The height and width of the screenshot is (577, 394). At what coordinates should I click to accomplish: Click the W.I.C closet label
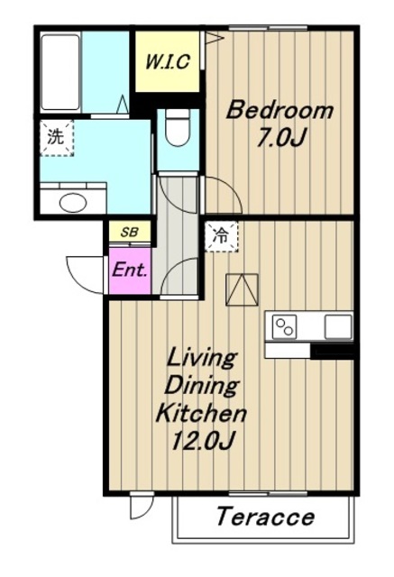168,61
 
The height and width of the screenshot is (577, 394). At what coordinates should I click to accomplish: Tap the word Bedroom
279,110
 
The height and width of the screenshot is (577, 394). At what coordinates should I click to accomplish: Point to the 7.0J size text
281,138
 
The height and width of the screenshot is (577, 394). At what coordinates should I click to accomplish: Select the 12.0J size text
202,440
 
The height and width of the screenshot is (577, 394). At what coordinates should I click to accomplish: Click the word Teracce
266,517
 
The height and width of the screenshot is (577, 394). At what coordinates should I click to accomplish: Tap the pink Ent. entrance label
130,270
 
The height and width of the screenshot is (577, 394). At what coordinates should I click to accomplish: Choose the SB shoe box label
130,233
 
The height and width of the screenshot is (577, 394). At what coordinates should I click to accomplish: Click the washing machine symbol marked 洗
56,138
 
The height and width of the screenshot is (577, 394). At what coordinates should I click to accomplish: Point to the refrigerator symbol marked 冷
221,236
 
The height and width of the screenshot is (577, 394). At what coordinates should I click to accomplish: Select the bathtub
60,72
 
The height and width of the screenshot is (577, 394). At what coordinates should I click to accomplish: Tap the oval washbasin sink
73,202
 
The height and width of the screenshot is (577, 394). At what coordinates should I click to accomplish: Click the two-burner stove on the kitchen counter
284,327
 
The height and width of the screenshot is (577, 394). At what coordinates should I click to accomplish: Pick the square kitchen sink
338,326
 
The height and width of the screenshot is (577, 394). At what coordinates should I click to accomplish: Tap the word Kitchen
201,413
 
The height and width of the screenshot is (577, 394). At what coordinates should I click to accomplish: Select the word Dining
202,385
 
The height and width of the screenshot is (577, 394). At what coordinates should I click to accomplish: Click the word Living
201,359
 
